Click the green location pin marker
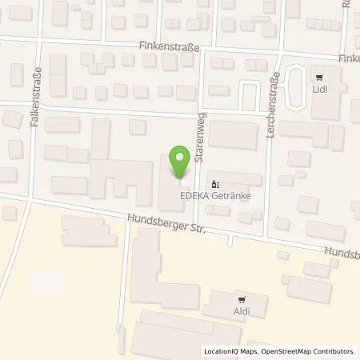tap(180, 160)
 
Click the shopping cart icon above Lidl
tap(320, 78)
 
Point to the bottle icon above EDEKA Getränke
tap(214, 183)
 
